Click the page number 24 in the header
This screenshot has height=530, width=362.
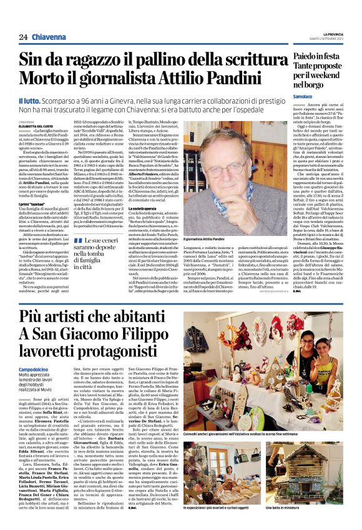[23, 37]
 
